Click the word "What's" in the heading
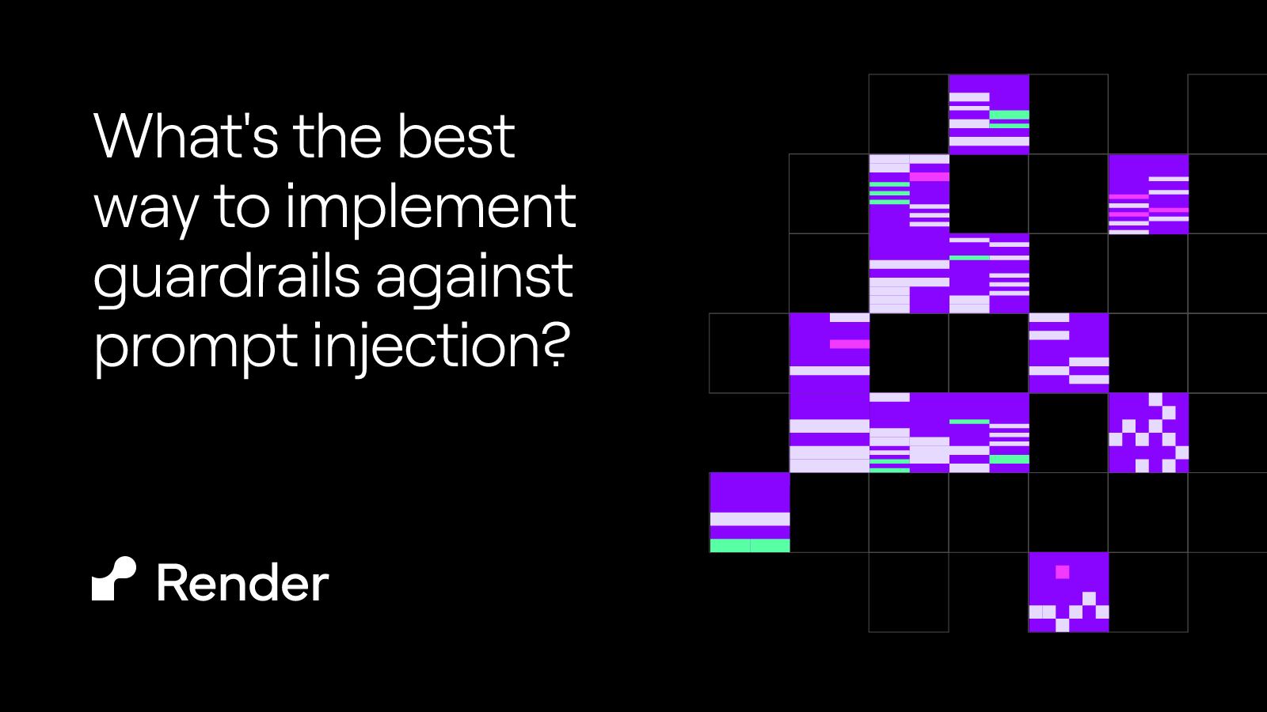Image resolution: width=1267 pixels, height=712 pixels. tap(186, 137)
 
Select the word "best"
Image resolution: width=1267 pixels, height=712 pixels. tap(456, 137)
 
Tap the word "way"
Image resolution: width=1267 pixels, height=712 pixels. tap(145, 208)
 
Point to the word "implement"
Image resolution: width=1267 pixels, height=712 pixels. tap(430, 207)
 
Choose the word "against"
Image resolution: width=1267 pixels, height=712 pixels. tap(474, 278)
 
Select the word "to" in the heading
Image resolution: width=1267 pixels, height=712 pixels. tap(242, 208)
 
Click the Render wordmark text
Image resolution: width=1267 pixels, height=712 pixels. tap(242, 584)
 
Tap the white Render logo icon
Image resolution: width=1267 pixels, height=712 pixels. tap(114, 579)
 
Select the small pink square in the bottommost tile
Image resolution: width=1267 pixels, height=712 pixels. tap(1063, 571)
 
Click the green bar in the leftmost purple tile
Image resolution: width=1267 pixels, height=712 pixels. tap(750, 545)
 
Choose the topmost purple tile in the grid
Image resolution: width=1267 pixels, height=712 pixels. tap(989, 114)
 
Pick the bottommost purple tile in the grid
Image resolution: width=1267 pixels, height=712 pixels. tap(1068, 592)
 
